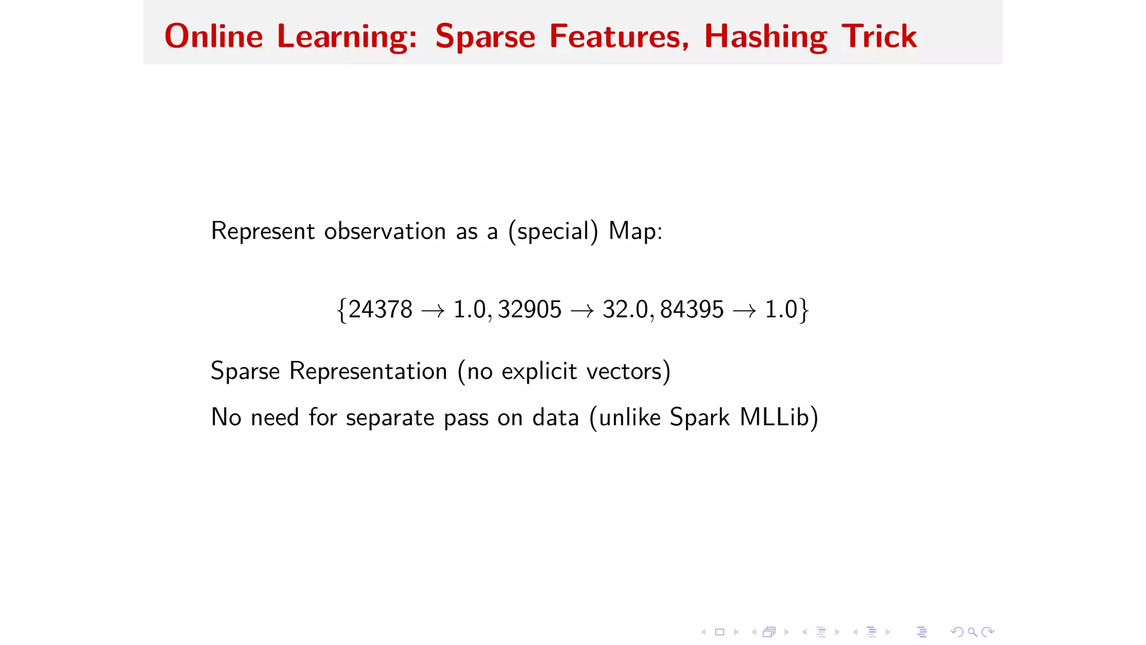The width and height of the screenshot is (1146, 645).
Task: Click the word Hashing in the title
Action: (x=765, y=37)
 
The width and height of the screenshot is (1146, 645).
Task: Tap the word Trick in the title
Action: (x=879, y=37)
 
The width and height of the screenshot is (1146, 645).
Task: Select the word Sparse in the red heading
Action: (x=485, y=37)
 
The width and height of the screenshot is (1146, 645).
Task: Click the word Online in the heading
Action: (x=213, y=37)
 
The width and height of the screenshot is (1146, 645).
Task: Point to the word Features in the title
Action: (x=619, y=37)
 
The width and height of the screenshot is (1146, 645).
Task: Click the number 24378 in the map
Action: (x=380, y=310)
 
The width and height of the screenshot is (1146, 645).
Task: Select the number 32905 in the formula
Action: (x=529, y=310)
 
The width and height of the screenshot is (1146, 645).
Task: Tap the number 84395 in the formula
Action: (x=692, y=310)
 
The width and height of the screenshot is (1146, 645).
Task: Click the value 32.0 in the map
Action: (x=625, y=310)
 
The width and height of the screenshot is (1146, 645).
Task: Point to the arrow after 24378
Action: (x=433, y=311)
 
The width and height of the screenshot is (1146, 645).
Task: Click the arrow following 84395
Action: (x=744, y=311)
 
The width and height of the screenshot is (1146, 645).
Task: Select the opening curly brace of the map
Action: (x=341, y=310)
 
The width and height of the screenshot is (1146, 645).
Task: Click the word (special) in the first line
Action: (x=553, y=231)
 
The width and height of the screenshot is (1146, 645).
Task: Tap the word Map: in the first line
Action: (x=635, y=231)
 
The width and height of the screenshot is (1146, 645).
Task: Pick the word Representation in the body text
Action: (x=368, y=371)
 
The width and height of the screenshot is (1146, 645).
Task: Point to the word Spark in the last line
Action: (x=699, y=418)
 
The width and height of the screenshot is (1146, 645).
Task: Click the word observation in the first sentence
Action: (x=385, y=231)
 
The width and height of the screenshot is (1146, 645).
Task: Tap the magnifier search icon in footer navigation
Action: (x=973, y=632)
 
